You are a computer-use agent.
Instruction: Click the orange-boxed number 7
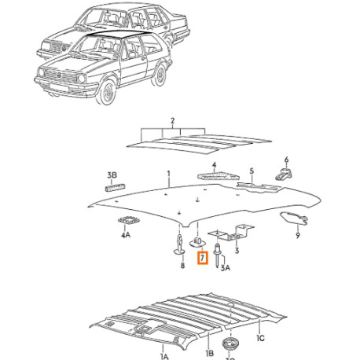[x=203, y=258]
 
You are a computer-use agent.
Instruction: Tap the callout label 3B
[x=112, y=175]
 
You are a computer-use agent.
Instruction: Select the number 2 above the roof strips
[x=172, y=121]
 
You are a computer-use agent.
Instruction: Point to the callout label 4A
[x=126, y=235]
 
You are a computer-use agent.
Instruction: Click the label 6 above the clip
[x=286, y=160]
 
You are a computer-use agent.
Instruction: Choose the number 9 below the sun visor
[x=298, y=236]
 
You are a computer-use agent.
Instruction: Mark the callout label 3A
[x=226, y=267]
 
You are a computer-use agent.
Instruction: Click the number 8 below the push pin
[x=182, y=266]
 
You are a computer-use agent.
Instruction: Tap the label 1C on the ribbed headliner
[x=260, y=338]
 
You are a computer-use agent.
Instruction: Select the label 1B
[x=209, y=353]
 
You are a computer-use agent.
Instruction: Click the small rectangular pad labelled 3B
[x=115, y=188]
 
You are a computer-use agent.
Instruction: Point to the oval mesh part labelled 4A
[x=128, y=220]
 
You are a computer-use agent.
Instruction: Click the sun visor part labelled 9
[x=294, y=218]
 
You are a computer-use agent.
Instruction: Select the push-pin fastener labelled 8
[x=179, y=244]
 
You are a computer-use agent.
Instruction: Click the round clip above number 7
[x=197, y=242]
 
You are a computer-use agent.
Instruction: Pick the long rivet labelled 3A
[x=218, y=255]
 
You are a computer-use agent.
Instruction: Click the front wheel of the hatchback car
[x=107, y=92]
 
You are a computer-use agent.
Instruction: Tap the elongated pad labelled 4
[x=219, y=175]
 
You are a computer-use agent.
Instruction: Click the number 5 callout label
[x=252, y=171]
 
